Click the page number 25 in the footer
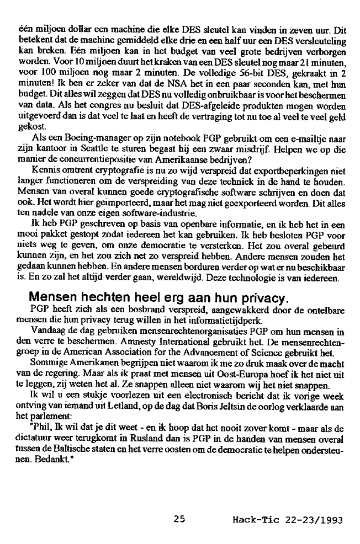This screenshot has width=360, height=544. [x=178, y=519]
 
